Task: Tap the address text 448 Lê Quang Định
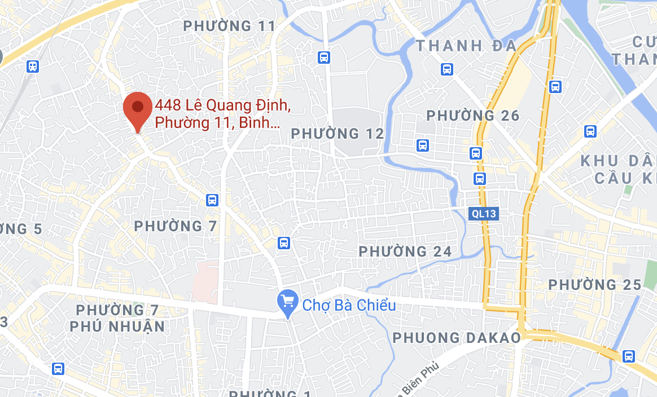[223, 105]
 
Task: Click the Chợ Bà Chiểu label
[349, 306]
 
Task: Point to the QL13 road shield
[483, 213]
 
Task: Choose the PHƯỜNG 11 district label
[230, 26]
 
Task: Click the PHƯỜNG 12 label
[337, 134]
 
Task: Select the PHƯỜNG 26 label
[472, 116]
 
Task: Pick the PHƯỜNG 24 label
[405, 251]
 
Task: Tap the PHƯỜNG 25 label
[595, 285]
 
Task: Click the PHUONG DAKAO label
[457, 337]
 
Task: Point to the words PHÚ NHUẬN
[117, 326]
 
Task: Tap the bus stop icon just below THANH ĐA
[447, 69]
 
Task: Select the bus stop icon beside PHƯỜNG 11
[324, 57]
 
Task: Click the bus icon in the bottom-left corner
[58, 368]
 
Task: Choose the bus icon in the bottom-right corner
[628, 356]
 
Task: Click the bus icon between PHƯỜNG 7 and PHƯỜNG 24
[284, 243]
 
